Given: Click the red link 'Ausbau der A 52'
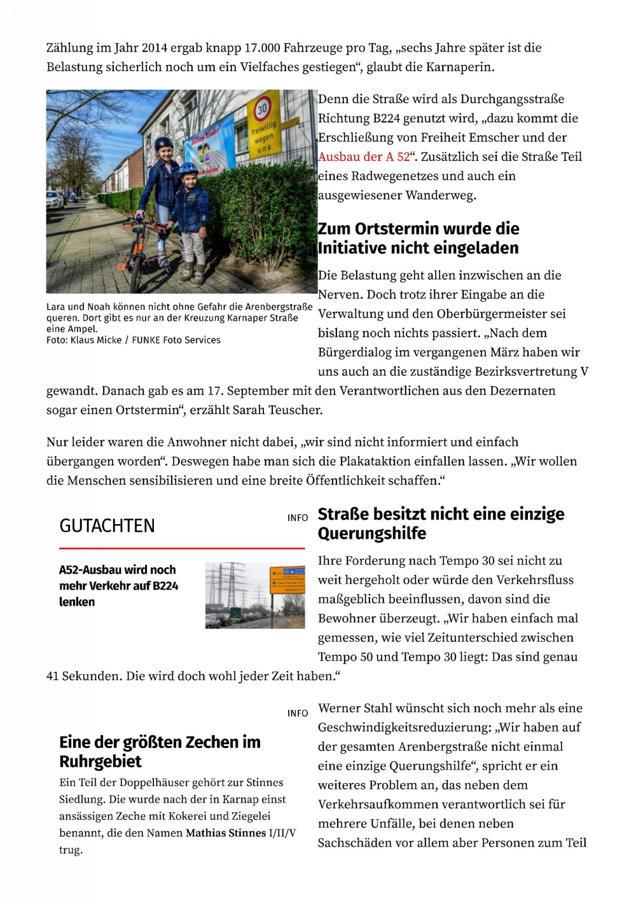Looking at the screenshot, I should (x=364, y=157).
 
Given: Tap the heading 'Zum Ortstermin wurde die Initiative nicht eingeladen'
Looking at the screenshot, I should (x=418, y=239).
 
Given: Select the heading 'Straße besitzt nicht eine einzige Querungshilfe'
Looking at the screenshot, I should (x=441, y=523).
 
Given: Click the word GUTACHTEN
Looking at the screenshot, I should (x=107, y=526).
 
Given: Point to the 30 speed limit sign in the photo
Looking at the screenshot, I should (x=262, y=109).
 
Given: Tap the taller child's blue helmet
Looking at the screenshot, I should (x=163, y=143).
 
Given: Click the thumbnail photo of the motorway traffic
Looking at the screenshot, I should (x=255, y=595).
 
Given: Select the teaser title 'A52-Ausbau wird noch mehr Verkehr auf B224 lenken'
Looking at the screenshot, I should (x=119, y=586).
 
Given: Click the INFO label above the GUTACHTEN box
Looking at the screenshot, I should (x=297, y=518).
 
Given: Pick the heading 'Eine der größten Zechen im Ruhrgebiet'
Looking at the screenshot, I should (x=160, y=752).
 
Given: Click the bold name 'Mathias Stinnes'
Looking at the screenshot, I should (x=225, y=833).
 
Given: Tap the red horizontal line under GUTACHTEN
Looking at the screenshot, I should (x=182, y=548).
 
